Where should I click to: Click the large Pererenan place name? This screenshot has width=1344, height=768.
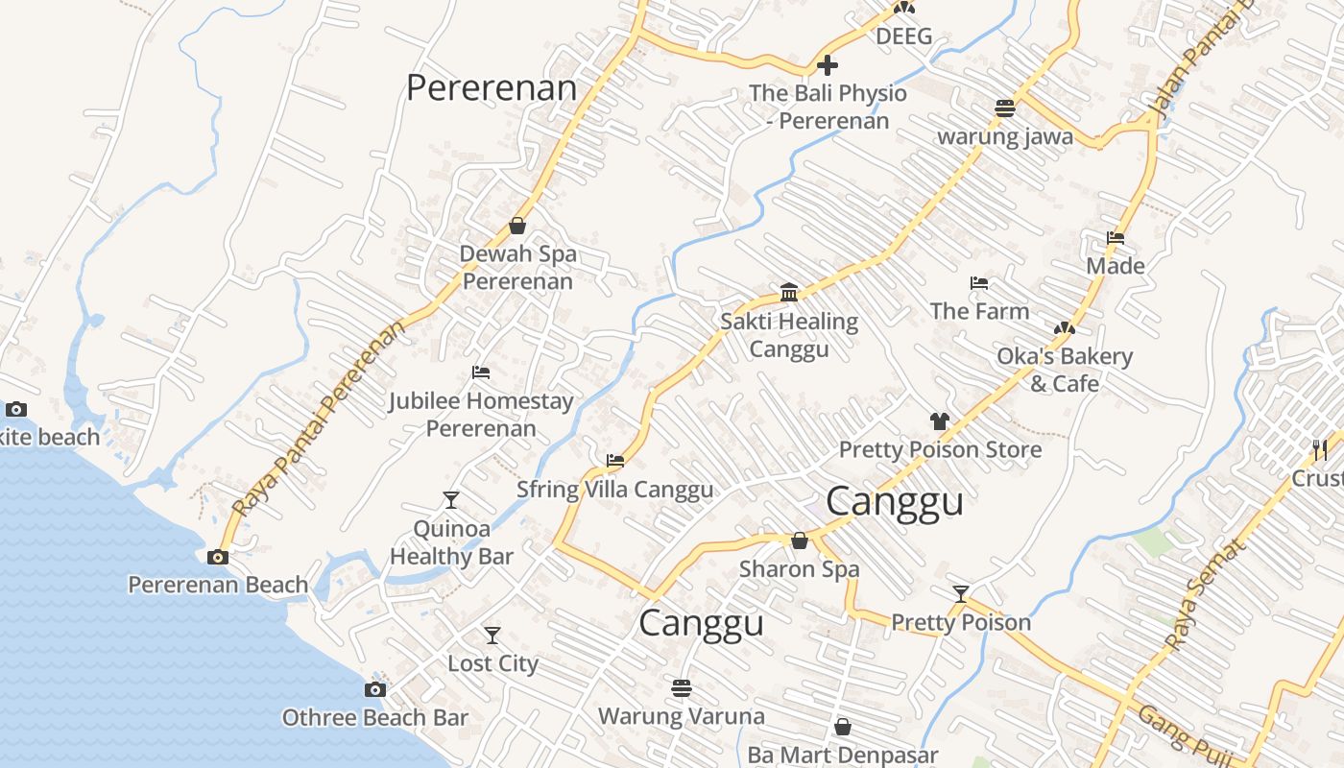491,88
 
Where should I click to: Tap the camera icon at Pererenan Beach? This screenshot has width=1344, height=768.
218,557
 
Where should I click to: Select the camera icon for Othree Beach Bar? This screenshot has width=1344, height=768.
375,689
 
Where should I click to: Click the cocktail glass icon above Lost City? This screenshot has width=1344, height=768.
492,635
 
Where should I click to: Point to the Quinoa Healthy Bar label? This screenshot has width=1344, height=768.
451,542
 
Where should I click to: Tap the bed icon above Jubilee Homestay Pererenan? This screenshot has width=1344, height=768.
481,372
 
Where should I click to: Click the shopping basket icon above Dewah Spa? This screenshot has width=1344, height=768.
517,226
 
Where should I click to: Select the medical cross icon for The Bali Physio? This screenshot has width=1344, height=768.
827,65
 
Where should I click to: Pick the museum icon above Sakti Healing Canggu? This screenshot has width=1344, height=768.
789,292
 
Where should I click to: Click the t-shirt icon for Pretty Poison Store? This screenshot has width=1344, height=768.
939,420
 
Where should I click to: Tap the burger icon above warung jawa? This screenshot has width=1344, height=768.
1005,108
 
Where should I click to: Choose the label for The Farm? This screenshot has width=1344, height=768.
979,311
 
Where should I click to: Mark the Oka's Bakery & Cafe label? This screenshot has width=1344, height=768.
1065,370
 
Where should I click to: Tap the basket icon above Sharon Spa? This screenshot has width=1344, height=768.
799,540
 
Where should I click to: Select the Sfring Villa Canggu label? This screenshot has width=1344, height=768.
614,490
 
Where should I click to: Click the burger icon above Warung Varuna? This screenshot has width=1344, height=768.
682,687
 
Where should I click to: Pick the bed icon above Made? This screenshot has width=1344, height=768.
1116,237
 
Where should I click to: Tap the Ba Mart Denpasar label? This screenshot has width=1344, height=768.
842,756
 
